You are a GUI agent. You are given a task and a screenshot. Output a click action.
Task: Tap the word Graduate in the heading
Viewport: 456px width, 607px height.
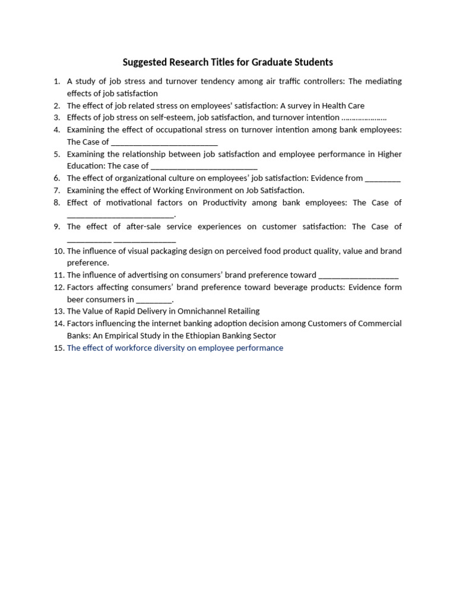[x=272, y=62]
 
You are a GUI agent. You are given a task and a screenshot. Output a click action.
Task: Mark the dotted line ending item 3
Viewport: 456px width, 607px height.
[x=364, y=118]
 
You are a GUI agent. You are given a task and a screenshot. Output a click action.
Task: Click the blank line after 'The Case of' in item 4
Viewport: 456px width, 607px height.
[x=164, y=143]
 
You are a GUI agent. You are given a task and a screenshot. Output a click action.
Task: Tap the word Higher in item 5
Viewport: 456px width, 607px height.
[x=389, y=154]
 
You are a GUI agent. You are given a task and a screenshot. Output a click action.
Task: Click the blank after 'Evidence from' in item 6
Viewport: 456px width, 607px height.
[x=383, y=179]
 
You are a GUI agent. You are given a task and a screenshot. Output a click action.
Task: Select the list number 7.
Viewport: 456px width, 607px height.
[x=57, y=190]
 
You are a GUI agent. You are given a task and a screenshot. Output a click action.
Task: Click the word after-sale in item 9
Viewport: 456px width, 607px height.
[x=145, y=226]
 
